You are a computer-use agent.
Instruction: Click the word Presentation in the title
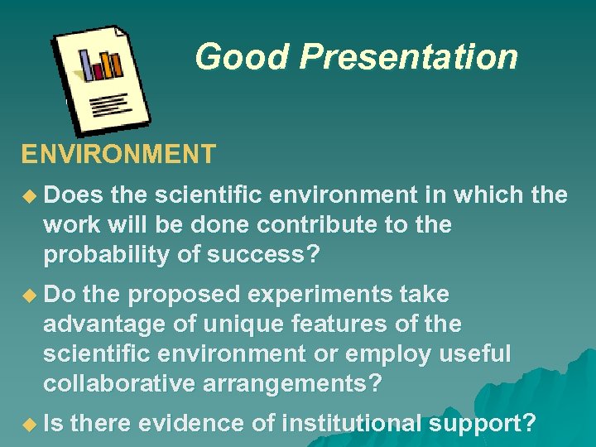click(409, 57)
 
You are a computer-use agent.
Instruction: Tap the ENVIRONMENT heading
click(118, 154)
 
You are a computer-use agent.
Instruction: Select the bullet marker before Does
click(31, 196)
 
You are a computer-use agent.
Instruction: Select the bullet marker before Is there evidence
click(31, 425)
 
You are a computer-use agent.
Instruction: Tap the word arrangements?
click(294, 383)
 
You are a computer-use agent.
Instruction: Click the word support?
click(483, 424)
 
